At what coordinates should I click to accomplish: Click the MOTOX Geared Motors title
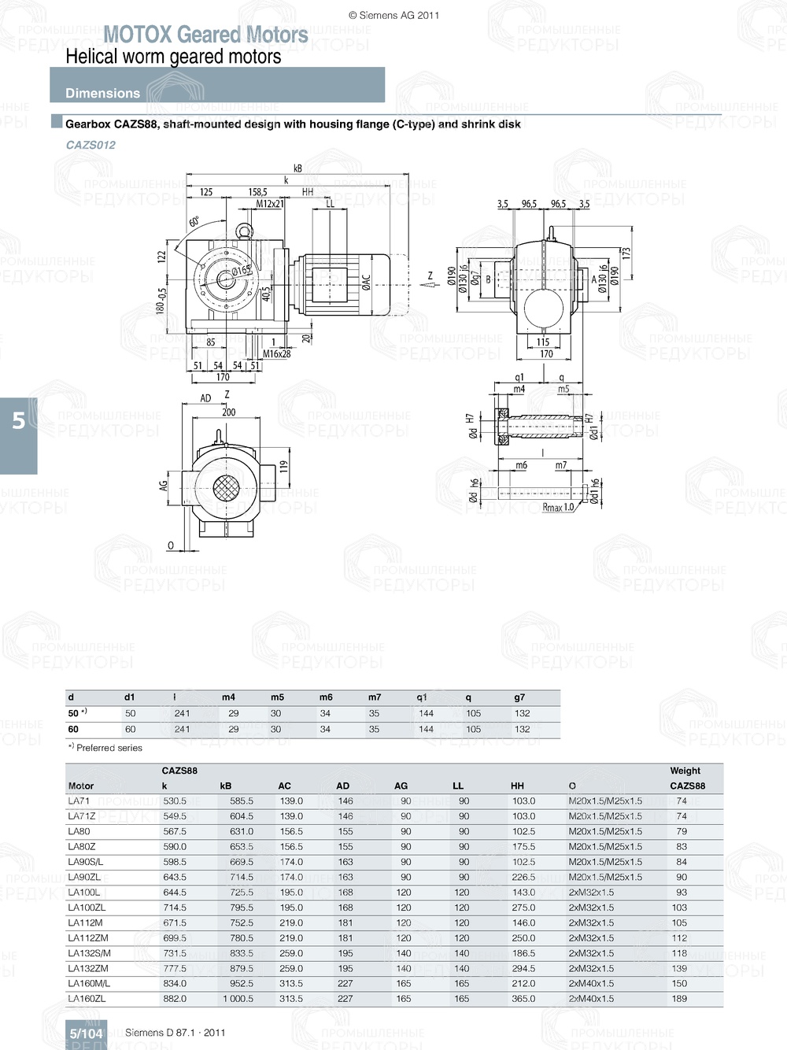205,35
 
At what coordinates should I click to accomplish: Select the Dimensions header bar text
102,93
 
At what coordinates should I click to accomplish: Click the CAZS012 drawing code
91,145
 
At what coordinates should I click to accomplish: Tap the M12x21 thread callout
270,204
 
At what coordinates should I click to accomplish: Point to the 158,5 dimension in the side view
257,191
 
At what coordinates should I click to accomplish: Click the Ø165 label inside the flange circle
241,270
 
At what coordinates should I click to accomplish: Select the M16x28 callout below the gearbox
276,354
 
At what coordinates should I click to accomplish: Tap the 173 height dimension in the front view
626,253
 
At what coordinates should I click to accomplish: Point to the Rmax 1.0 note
558,508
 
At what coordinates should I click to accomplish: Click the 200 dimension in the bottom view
228,412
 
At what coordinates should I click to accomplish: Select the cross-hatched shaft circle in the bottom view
226,490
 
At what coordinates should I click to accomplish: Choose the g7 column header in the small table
519,697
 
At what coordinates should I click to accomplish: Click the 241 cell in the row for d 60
182,729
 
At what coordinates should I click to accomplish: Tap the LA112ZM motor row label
88,938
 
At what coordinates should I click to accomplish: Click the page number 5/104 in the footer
86,1033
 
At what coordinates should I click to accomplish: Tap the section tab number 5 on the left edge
19,421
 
